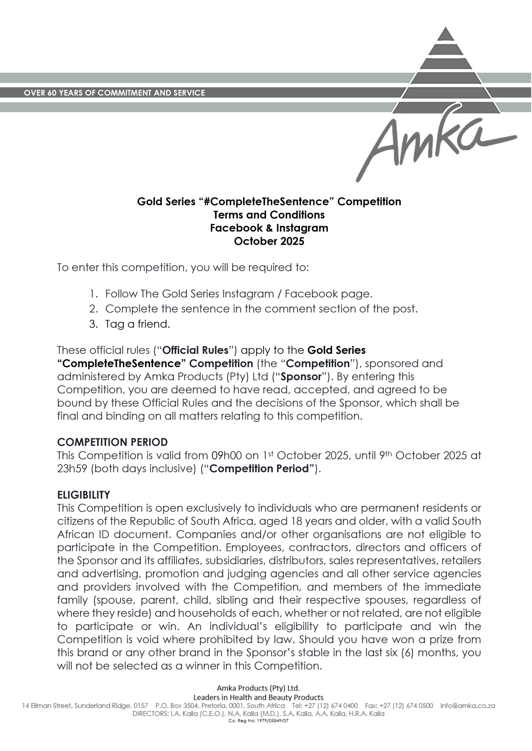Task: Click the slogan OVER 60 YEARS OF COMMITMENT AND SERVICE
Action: [x=114, y=93]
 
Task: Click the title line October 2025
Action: [x=269, y=241]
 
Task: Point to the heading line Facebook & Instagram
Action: [x=269, y=228]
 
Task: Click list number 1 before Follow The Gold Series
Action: [x=93, y=294]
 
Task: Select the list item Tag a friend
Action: [x=138, y=324]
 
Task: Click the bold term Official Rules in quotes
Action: [x=195, y=350]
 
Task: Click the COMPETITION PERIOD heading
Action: [x=112, y=442]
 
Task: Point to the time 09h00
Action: [x=226, y=456]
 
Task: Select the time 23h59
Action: [x=72, y=469]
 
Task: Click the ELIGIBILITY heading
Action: [x=84, y=495]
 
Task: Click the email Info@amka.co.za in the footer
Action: [x=467, y=706]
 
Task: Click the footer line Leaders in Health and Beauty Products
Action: [x=258, y=697]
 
